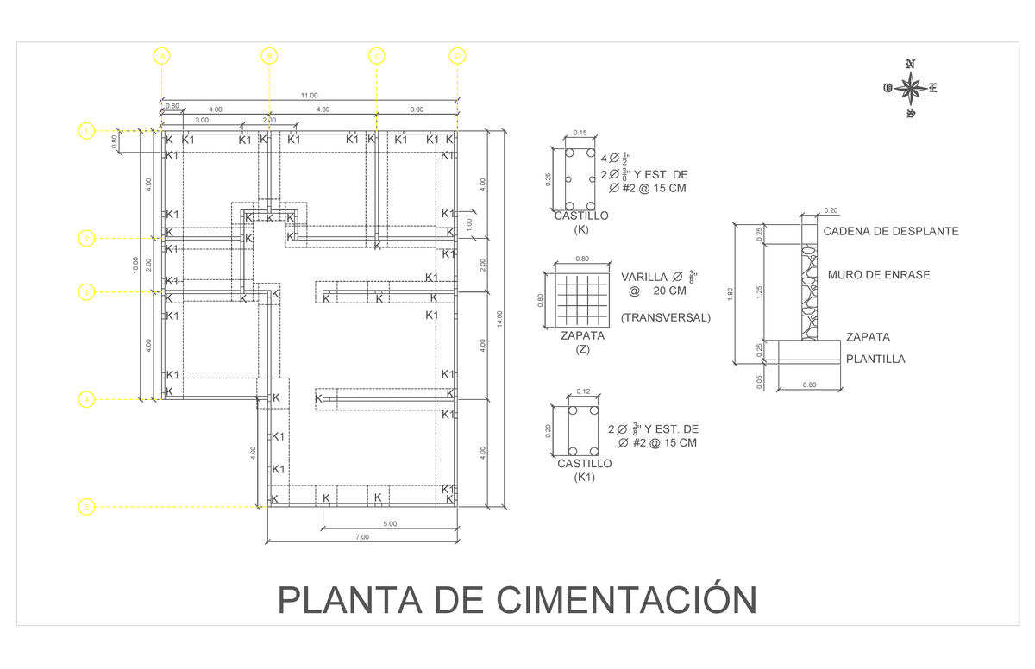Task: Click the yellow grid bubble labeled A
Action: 161,56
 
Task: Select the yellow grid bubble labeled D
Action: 457,56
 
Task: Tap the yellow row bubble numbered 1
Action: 85,131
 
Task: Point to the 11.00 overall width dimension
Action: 309,96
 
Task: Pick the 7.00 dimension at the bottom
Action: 361,537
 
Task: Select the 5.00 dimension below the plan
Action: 389,523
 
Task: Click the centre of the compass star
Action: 910,88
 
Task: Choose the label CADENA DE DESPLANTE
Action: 891,231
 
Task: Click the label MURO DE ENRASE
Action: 878,275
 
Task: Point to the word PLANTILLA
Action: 875,360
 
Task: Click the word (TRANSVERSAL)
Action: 665,317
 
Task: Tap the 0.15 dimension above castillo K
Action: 579,133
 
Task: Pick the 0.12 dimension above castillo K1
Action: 582,392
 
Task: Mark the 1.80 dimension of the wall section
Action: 730,293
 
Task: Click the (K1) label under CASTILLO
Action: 584,478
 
